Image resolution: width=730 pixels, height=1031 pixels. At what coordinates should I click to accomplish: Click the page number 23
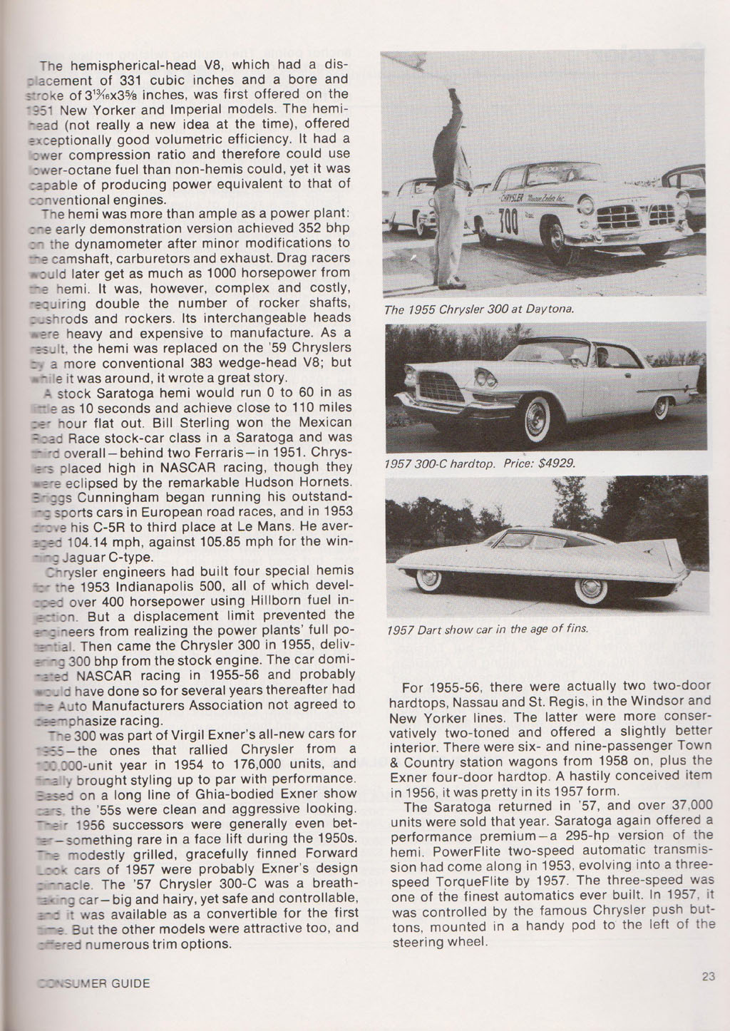point(707,977)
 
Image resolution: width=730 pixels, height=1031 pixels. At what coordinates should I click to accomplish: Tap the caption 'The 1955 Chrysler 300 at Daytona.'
point(479,309)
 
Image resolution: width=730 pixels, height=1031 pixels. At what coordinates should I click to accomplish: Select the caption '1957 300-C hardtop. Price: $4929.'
point(479,463)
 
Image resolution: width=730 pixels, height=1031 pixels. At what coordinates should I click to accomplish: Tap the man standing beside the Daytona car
point(449,185)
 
